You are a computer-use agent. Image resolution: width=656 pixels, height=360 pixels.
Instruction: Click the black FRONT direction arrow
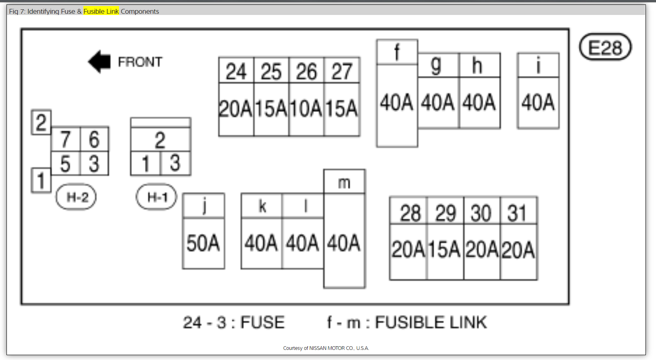pyautogui.click(x=100, y=62)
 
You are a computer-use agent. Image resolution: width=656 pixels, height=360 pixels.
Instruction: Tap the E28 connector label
pyautogui.click(x=605, y=47)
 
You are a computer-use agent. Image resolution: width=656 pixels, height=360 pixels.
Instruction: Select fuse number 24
pyautogui.click(x=236, y=72)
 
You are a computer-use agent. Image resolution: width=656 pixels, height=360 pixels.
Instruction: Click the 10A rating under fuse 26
pyautogui.click(x=306, y=109)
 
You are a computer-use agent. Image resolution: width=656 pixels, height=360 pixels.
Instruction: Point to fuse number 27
pyautogui.click(x=342, y=72)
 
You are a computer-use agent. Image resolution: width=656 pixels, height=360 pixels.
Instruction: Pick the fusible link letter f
pyautogui.click(x=397, y=52)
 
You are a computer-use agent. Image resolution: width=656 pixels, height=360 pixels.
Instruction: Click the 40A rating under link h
pyautogui.click(x=479, y=102)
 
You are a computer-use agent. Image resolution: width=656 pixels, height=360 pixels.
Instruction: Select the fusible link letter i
pyautogui.click(x=538, y=65)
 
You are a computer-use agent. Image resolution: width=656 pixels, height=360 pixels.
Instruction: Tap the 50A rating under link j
pyautogui.click(x=203, y=243)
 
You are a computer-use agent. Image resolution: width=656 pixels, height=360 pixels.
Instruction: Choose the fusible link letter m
pyautogui.click(x=344, y=183)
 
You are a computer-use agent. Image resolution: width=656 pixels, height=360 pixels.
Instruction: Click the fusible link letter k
pyautogui.click(x=262, y=206)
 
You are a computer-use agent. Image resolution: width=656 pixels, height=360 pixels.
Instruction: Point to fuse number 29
pyautogui.click(x=446, y=213)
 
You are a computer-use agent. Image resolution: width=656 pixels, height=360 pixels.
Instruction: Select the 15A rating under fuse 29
pyautogui.click(x=445, y=250)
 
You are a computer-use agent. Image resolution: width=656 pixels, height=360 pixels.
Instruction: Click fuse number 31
pyautogui.click(x=517, y=213)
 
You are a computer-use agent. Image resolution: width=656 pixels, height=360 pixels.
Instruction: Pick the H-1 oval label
pyautogui.click(x=157, y=197)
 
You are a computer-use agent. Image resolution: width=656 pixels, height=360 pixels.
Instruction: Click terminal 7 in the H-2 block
pyautogui.click(x=66, y=139)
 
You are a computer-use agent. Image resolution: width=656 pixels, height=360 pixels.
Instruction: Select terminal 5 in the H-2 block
pyautogui.click(x=66, y=164)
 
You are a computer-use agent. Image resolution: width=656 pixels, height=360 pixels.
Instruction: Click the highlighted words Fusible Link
pyautogui.click(x=101, y=11)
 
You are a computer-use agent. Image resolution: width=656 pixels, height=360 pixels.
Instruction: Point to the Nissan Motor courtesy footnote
pyautogui.click(x=326, y=348)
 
